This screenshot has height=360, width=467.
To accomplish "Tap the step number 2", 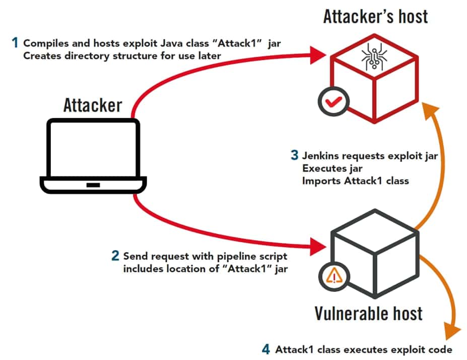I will tap(115, 256).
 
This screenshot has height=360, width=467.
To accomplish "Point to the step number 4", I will tap(266, 349).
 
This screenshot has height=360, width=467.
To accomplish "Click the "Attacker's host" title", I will tap(375, 16).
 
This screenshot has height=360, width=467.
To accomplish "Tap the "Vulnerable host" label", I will tap(368, 313).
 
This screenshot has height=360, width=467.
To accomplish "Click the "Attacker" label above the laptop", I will tap(92, 105).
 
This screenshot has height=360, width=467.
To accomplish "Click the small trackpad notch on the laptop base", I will tap(93, 185).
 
